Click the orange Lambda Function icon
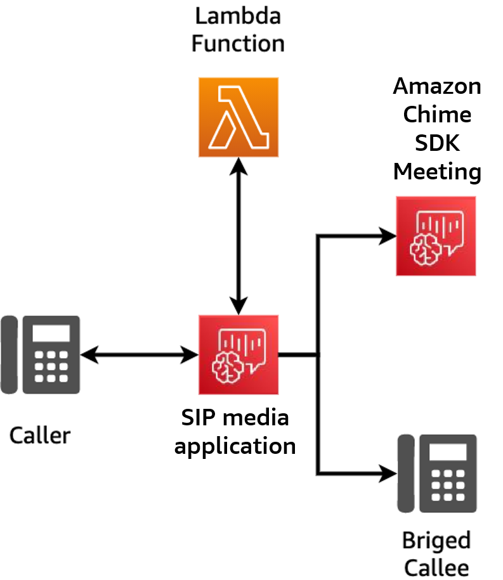pyautogui.click(x=238, y=117)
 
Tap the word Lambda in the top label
pyautogui.click(x=238, y=15)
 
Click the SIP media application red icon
pyautogui.click(x=238, y=354)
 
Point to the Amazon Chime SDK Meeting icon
pyautogui.click(x=436, y=236)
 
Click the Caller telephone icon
pyautogui.click(x=40, y=354)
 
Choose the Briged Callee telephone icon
pyautogui.click(x=437, y=474)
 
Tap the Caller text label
pyautogui.click(x=40, y=435)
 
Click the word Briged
pyautogui.click(x=437, y=541)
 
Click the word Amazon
pyautogui.click(x=437, y=86)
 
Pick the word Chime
pyautogui.click(x=437, y=115)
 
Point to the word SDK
pyautogui.click(x=437, y=143)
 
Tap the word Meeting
pyautogui.click(x=437, y=171)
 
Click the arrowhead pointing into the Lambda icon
pyautogui.click(x=238, y=166)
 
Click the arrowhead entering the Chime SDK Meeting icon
pyautogui.click(x=387, y=236)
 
